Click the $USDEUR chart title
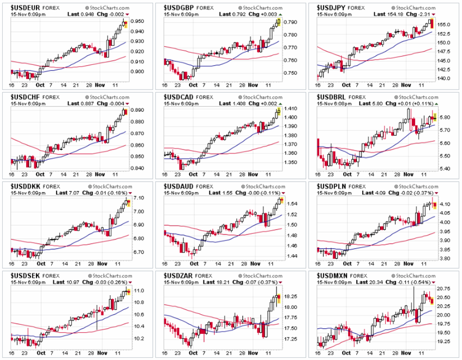coord(24,7)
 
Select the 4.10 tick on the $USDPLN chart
coord(446,204)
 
